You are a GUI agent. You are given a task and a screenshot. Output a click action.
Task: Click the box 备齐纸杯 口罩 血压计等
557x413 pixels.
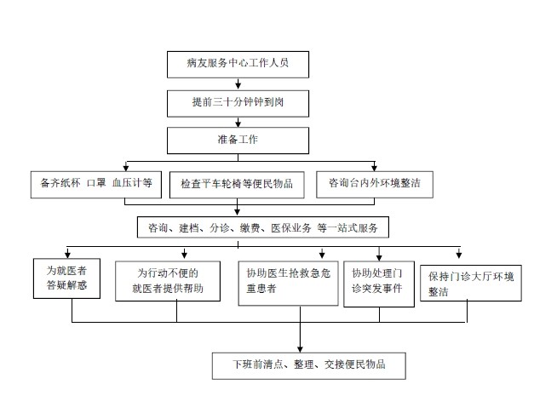pyautogui.click(x=95, y=182)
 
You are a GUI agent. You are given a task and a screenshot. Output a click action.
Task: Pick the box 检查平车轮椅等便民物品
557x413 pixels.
pyautogui.click(x=237, y=183)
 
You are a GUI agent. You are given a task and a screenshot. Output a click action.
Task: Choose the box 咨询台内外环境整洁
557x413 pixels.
pyautogui.click(x=375, y=182)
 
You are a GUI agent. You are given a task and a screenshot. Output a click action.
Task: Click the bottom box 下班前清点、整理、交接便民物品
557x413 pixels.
pyautogui.click(x=308, y=365)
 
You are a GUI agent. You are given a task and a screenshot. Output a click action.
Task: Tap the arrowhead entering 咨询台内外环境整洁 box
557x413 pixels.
pyautogui.click(x=375, y=167)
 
